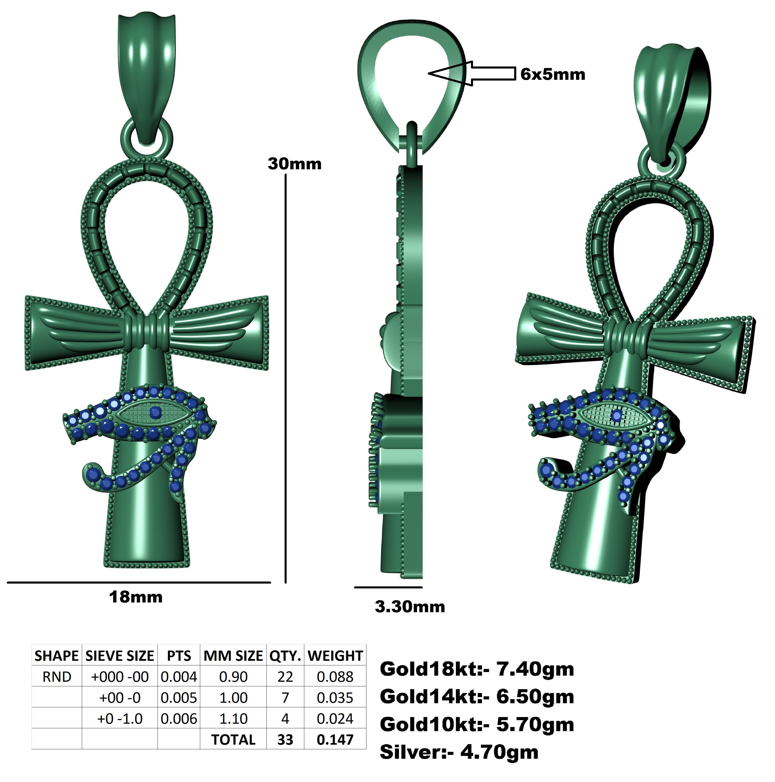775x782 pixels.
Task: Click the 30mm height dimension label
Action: pyautogui.click(x=294, y=164)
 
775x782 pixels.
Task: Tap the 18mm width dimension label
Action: pyautogui.click(x=136, y=597)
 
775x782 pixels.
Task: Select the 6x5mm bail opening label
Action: pyautogui.click(x=552, y=74)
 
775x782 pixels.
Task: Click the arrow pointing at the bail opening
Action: pyautogui.click(x=471, y=73)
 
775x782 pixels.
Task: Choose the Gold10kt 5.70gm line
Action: pyautogui.click(x=476, y=724)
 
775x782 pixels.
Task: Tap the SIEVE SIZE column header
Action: pyautogui.click(x=119, y=656)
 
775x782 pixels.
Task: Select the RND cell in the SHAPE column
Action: pyautogui.click(x=57, y=677)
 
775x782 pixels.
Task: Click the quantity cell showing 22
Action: pyautogui.click(x=285, y=677)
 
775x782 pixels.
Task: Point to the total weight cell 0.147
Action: pyautogui.click(x=335, y=740)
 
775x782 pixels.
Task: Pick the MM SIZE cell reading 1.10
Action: pyautogui.click(x=233, y=718)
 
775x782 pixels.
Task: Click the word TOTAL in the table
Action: pyautogui.click(x=233, y=740)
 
